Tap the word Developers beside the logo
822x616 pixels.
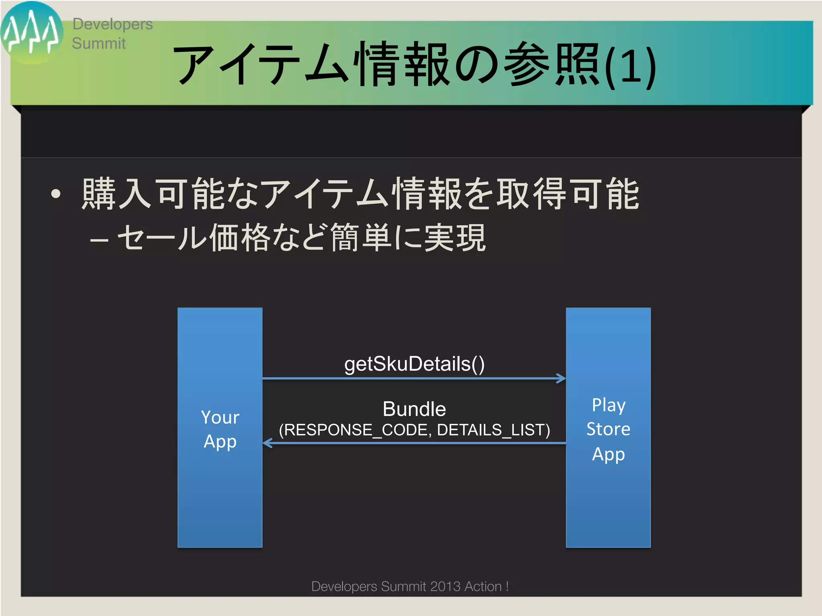click(x=112, y=24)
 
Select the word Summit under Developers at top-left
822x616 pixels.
click(x=99, y=43)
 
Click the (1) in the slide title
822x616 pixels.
click(x=630, y=67)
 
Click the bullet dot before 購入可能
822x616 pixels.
click(x=56, y=195)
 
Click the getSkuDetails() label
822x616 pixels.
click(x=414, y=364)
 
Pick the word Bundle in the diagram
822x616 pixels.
click(x=414, y=409)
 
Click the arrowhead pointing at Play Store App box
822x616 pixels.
click(x=561, y=378)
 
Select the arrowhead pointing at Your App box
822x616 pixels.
click(x=268, y=443)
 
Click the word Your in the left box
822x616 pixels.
click(x=220, y=417)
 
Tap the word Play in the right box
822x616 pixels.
click(x=608, y=405)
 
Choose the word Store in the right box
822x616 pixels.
click(x=608, y=429)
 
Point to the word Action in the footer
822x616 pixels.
click(x=483, y=586)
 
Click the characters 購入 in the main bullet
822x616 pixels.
click(x=116, y=195)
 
